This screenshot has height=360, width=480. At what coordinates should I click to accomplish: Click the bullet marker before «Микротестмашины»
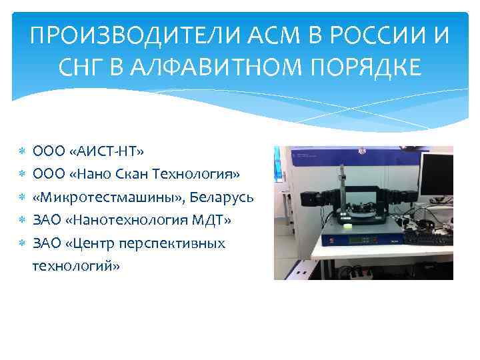click(x=22, y=197)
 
